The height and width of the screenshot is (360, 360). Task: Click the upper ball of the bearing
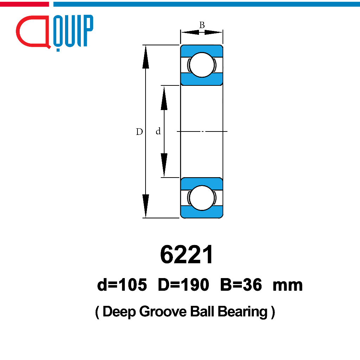click(x=202, y=65)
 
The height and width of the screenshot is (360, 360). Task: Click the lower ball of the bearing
click(x=202, y=198)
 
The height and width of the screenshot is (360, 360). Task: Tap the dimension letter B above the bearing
click(x=202, y=25)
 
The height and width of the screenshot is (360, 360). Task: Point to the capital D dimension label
click(x=139, y=131)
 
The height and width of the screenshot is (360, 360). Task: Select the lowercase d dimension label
click(x=158, y=131)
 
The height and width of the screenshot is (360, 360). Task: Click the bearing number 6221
click(x=187, y=255)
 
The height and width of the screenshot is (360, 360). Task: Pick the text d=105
click(x=122, y=285)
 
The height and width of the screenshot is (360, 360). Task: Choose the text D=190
click(x=184, y=285)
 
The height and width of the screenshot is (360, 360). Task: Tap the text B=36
click(x=241, y=285)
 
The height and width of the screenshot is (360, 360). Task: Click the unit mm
click(x=288, y=286)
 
